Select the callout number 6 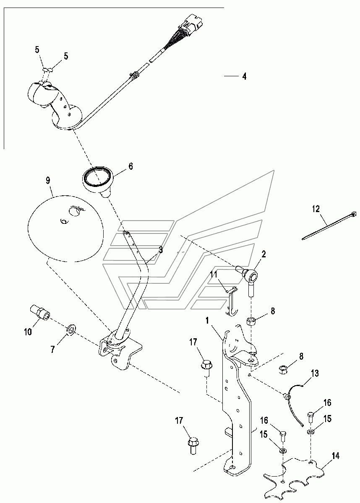[x=130, y=166]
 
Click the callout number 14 [x=335, y=456]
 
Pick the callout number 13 [x=315, y=373]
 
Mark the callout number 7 [x=52, y=349]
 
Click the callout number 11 [x=214, y=275]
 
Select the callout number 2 [x=264, y=254]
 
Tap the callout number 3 [x=160, y=250]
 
